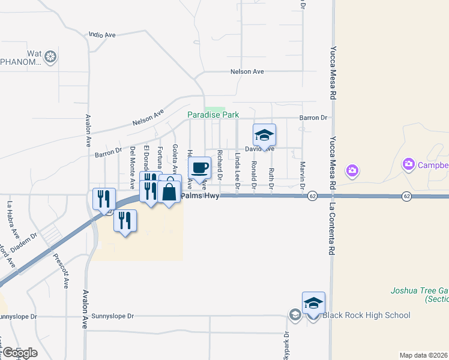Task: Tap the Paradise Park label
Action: point(213,115)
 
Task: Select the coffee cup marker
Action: point(200,169)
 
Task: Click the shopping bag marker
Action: point(170,192)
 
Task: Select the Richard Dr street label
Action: point(220,163)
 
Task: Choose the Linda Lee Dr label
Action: point(238,172)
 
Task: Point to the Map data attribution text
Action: point(423,355)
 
